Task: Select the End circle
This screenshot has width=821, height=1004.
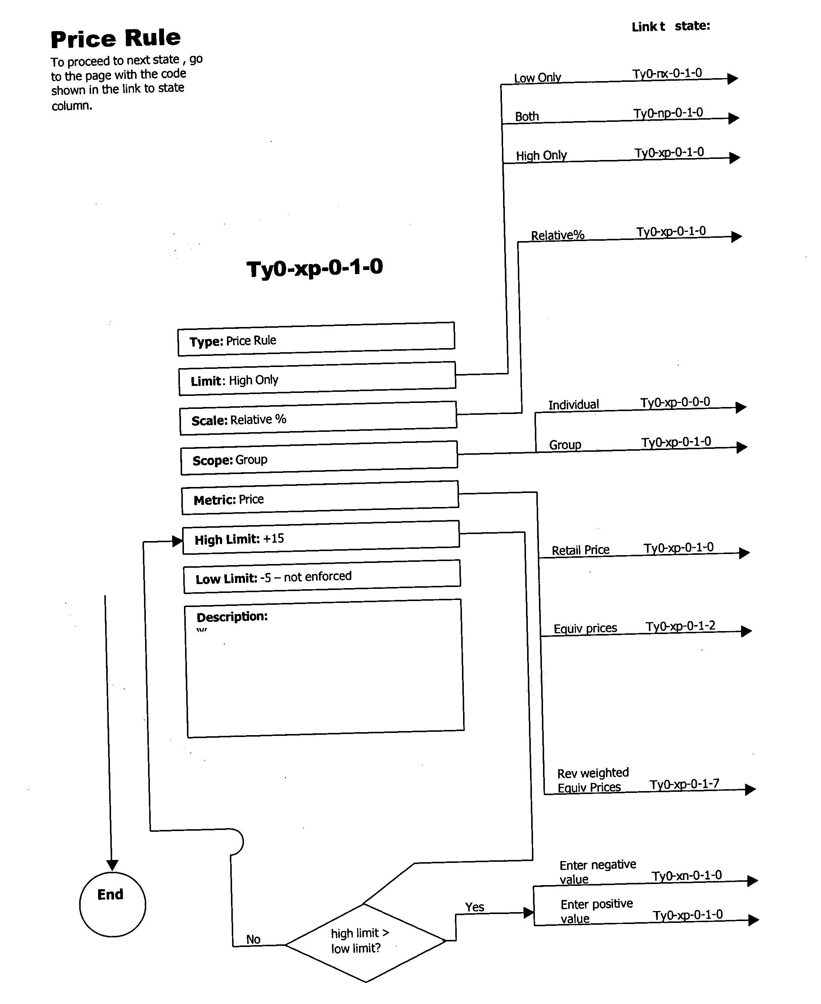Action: point(112,904)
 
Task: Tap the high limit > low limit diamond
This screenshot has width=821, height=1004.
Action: point(365,941)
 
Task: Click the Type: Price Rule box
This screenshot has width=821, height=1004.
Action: point(316,340)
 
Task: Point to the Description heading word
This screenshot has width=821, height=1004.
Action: point(232,617)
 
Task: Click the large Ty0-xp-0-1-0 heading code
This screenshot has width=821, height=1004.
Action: point(315,268)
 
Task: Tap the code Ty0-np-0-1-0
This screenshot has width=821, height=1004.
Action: point(668,113)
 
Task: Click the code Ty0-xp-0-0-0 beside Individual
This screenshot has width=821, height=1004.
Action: point(675,402)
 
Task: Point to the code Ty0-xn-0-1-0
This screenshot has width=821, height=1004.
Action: point(687,875)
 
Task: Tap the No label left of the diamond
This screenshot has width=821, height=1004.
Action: point(253,939)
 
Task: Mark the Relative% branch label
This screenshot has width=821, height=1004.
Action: point(557,235)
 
